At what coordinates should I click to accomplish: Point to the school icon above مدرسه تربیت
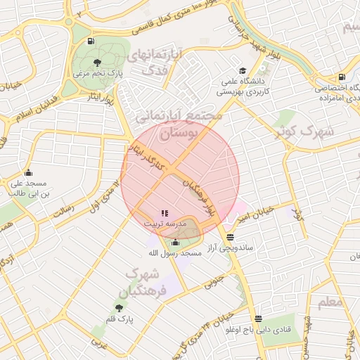point(165,213)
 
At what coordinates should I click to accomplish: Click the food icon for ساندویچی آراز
point(231,237)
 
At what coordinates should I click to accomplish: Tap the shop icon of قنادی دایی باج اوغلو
point(258,319)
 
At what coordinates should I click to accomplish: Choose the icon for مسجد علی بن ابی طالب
point(28,173)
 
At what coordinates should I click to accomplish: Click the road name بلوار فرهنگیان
point(199,196)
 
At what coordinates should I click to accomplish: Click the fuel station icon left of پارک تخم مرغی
point(91,41)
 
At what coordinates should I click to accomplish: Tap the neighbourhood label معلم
point(330,303)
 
